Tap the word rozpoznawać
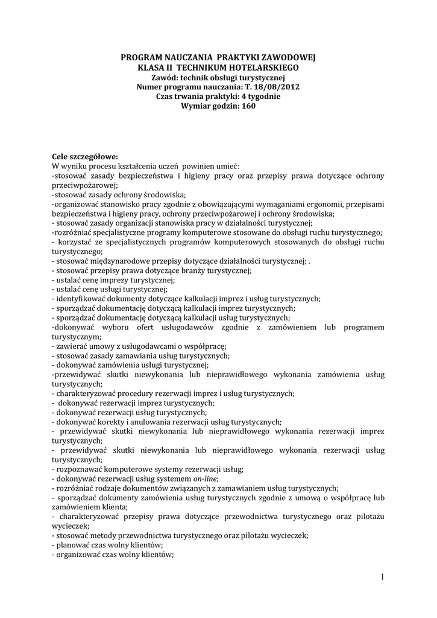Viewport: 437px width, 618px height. pyautogui.click(x=80, y=469)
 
